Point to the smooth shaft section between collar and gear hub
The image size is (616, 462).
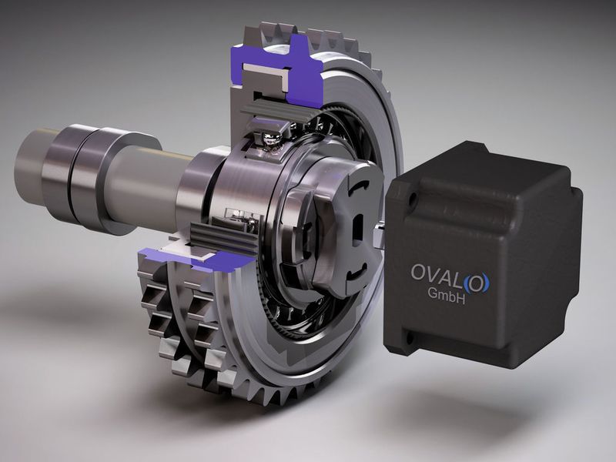[x=154, y=185]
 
